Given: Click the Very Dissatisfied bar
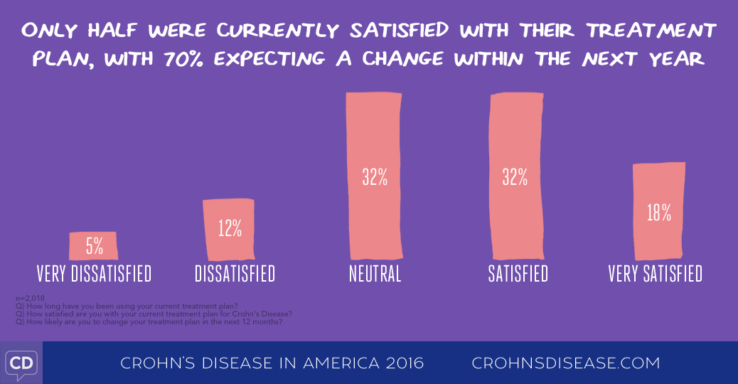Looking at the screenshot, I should [93, 245].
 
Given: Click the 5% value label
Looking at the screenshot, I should [95, 247].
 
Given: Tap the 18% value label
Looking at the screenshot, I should [659, 213].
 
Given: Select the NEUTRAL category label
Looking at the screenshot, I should [375, 274].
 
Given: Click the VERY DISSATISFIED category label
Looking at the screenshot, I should [94, 274].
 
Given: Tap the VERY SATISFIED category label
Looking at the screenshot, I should [655, 274].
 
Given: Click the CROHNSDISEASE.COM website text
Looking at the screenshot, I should [566, 363].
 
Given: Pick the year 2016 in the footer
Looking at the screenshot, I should [400, 363].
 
